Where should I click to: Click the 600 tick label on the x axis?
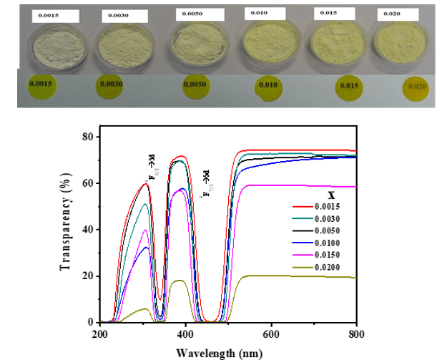click(270, 334)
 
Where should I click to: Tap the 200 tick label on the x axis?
click(99, 334)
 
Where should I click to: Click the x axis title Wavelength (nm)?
click(227, 351)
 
